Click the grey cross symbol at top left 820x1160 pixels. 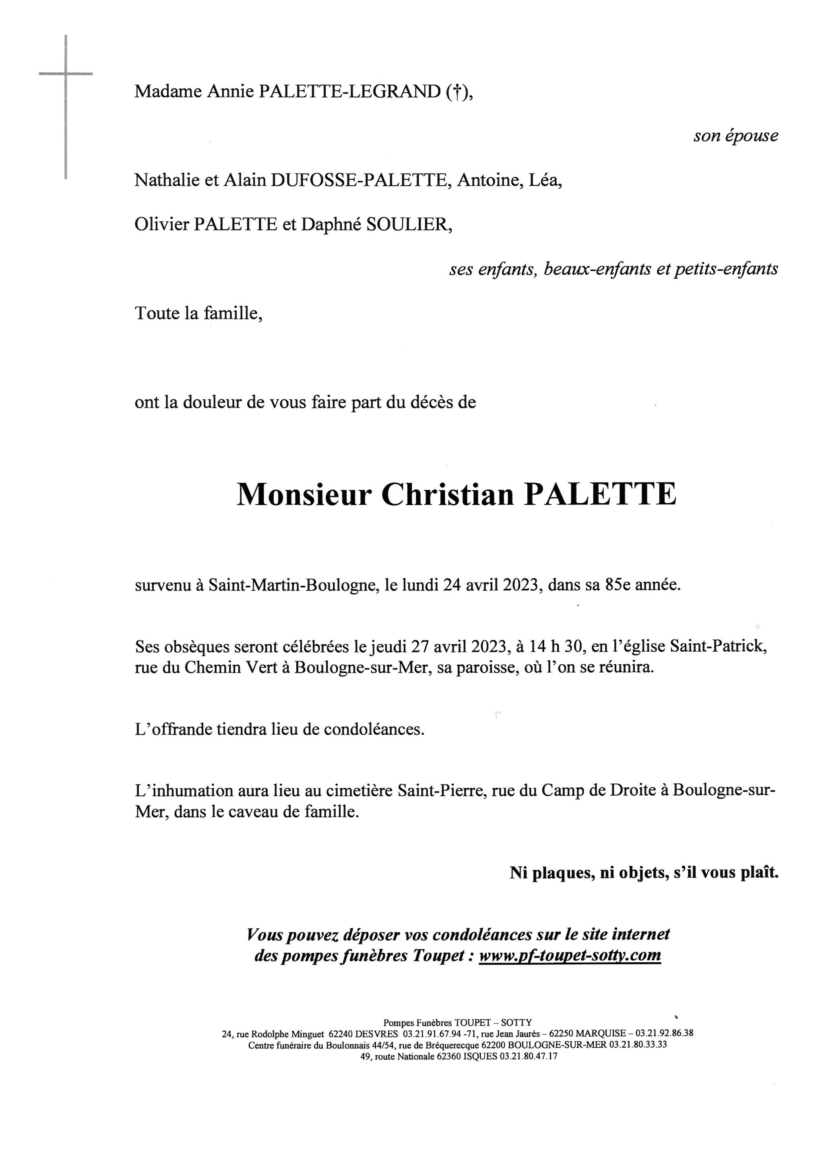pos(66,74)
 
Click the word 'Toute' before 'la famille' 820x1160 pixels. pos(157,313)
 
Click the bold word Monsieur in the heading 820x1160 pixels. pos(304,495)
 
